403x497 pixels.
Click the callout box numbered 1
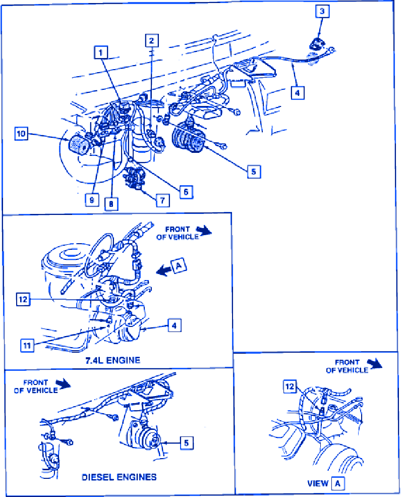coord(101,52)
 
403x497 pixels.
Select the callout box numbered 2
coord(152,40)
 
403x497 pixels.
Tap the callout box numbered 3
coord(322,12)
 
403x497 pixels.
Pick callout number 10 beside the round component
coord(21,133)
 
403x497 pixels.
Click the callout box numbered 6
coord(186,192)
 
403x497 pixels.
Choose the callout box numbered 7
coord(162,200)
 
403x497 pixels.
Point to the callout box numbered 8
coord(111,204)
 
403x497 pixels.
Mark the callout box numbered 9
coord(92,200)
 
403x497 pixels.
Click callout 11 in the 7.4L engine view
coord(27,345)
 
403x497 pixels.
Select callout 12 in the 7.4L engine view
coord(23,299)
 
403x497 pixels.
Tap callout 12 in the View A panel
coord(290,386)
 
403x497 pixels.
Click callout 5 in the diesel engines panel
coord(186,443)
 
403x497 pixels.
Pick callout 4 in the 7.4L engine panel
coord(174,325)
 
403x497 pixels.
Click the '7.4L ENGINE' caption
coord(113,360)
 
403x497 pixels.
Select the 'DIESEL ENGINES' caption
coord(119,477)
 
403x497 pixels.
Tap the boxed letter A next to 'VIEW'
coord(338,483)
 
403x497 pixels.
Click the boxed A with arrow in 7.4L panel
coord(179,265)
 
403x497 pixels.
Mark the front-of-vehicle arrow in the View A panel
coord(375,364)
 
